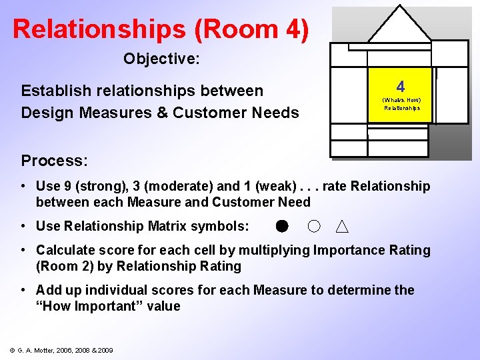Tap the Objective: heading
point(161,59)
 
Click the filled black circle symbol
point(282,227)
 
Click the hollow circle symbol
point(314,227)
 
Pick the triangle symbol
point(341,227)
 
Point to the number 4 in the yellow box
point(400,87)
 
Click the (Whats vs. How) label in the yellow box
point(401,100)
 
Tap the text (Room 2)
point(69,266)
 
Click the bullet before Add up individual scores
point(24,290)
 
